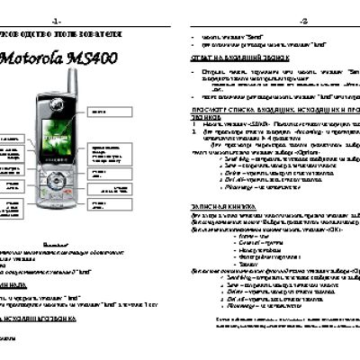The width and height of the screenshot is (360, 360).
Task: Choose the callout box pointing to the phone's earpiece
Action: tap(135, 106)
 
